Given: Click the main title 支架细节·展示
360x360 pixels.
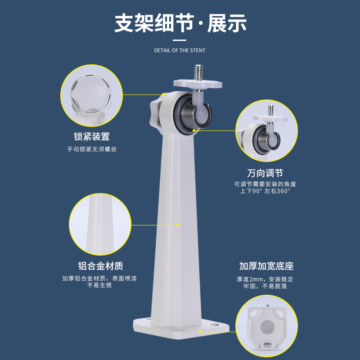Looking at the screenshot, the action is pyautogui.click(x=180, y=23).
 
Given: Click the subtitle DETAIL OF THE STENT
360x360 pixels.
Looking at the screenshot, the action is pyautogui.click(x=180, y=50).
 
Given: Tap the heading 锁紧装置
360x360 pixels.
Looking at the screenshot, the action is pyautogui.click(x=92, y=136).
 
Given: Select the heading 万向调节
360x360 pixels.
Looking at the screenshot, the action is pyautogui.click(x=265, y=173).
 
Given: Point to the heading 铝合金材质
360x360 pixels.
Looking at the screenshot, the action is pyautogui.click(x=100, y=266).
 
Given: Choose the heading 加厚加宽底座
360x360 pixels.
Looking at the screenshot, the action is pyautogui.click(x=266, y=266).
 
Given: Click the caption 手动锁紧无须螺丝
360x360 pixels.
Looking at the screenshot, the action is pyautogui.click(x=92, y=149).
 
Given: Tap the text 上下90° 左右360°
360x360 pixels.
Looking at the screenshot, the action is pyautogui.click(x=265, y=191).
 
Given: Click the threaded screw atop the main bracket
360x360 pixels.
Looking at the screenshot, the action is pyautogui.click(x=198, y=72).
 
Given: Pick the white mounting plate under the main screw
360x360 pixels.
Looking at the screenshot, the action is pyautogui.click(x=198, y=84).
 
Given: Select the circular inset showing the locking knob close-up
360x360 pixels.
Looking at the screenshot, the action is pyautogui.click(x=91, y=95).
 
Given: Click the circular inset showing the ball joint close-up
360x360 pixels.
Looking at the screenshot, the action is pyautogui.click(x=266, y=131).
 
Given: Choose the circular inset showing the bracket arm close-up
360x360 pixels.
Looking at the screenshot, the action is pyautogui.click(x=100, y=224).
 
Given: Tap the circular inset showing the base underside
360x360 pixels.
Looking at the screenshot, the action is pyautogui.click(x=266, y=326).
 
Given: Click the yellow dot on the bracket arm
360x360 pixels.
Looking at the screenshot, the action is pyautogui.click(x=178, y=225).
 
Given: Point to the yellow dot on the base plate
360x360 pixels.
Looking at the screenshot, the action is pyautogui.click(x=200, y=332).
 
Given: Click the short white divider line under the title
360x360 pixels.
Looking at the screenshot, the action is pyautogui.click(x=180, y=40).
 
